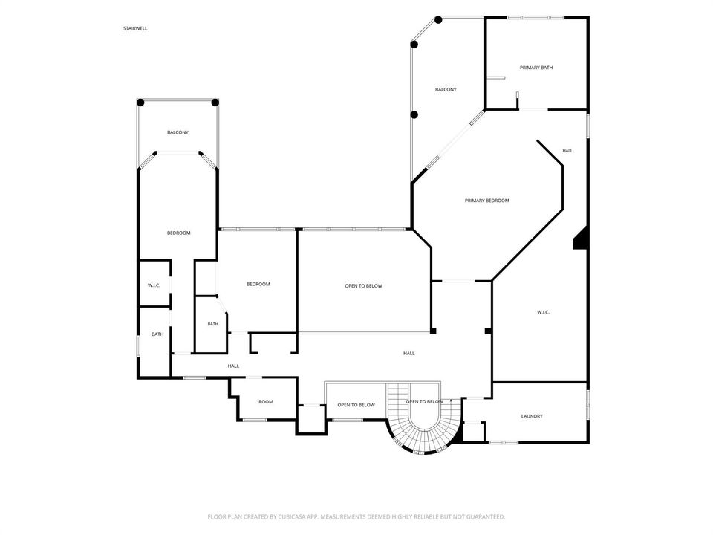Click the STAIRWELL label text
click(x=135, y=28)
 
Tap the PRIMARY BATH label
click(x=536, y=68)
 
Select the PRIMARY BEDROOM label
click(x=486, y=200)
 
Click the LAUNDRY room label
click(x=532, y=416)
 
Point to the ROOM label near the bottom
click(x=266, y=401)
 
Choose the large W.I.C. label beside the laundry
click(x=543, y=311)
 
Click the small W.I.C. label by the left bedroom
click(x=154, y=285)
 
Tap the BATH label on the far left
click(x=157, y=334)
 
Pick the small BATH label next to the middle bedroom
click(x=213, y=324)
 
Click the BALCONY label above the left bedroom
click(x=178, y=132)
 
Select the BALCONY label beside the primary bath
click(x=446, y=89)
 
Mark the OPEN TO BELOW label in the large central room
click(x=363, y=285)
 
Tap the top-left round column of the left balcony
click(x=140, y=103)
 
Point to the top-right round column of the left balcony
click(x=215, y=103)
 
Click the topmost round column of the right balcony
click(x=438, y=19)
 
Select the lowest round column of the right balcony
click(x=414, y=114)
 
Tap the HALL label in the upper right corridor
click(x=567, y=150)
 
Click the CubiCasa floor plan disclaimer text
click(x=356, y=517)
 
